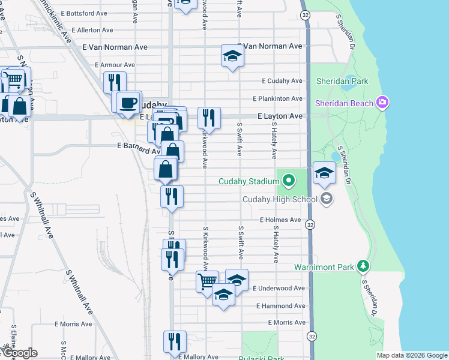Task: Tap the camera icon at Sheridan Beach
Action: pyautogui.click(x=381, y=103)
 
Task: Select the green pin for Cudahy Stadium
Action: pyautogui.click(x=289, y=179)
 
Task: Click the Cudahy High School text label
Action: pyautogui.click(x=280, y=199)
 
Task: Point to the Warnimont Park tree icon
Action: pyautogui.click(x=362, y=266)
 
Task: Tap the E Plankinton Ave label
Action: pyautogui.click(x=277, y=98)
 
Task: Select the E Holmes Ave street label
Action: pyautogui.click(x=280, y=220)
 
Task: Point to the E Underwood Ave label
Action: pyautogui.click(x=279, y=289)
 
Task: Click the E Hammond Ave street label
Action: pyautogui.click(x=280, y=306)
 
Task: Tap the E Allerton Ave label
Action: pyautogui.click(x=92, y=29)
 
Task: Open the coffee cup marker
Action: pyautogui.click(x=127, y=102)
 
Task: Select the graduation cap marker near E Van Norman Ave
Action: pyautogui.click(x=232, y=56)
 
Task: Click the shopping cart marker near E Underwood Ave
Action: pyautogui.click(x=207, y=280)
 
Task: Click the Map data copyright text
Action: pyautogui.click(x=411, y=355)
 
